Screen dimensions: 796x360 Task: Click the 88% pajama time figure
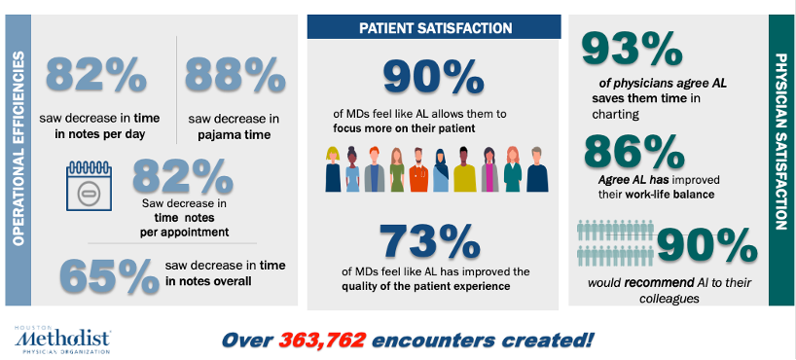click(x=235, y=75)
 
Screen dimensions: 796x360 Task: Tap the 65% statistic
click(x=109, y=276)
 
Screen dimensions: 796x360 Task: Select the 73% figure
click(x=430, y=241)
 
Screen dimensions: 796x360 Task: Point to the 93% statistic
click(x=632, y=49)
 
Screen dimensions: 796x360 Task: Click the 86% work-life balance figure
click(x=634, y=152)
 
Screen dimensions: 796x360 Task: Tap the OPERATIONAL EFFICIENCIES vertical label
click(x=18, y=148)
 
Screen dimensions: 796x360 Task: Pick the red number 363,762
click(x=322, y=341)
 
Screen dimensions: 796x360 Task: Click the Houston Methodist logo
click(x=62, y=340)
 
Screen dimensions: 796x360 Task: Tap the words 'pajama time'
click(x=234, y=135)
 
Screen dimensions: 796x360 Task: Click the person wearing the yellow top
click(x=464, y=169)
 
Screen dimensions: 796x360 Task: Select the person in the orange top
click(x=418, y=169)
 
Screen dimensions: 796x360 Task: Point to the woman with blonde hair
click(x=333, y=169)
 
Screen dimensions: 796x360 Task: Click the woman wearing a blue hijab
click(x=441, y=169)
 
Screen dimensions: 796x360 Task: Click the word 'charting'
click(x=615, y=115)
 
